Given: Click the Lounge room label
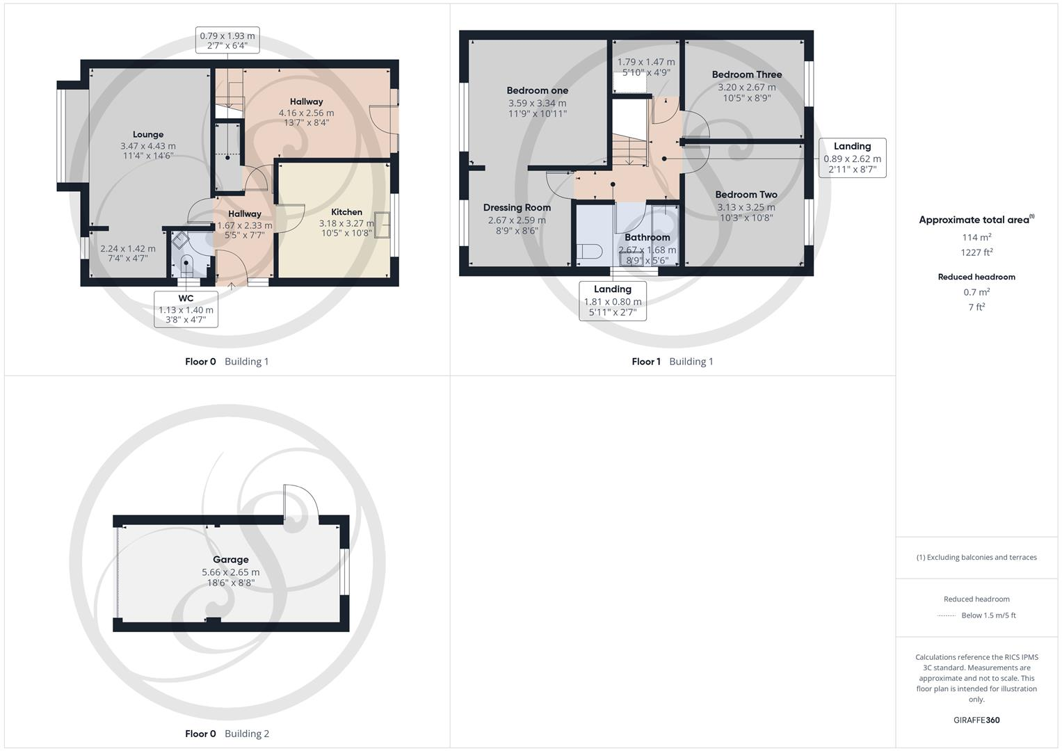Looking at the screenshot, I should coord(148,135).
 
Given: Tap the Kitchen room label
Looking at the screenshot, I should coord(346,212).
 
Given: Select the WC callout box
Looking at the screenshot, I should coord(186,309).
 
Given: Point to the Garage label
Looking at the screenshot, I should coord(230,560).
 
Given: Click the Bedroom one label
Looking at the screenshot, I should coord(537,90).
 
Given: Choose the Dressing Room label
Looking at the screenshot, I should coord(517,207).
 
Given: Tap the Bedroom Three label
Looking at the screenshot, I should coord(746,74).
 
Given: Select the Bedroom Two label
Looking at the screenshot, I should coord(746,195).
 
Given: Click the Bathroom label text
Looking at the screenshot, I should coord(647,237).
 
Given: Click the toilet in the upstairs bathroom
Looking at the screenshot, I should coord(590,251).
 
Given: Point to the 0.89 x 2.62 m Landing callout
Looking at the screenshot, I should coord(852,158).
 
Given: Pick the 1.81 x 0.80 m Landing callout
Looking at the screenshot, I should coord(612,300).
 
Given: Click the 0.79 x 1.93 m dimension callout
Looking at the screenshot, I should coord(227,41).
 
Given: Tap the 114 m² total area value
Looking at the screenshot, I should coord(976,237).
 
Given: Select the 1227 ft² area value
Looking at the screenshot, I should coord(976,252).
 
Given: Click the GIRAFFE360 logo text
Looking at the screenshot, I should coord(976,720).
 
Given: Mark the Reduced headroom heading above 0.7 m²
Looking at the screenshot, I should coord(976,277).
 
